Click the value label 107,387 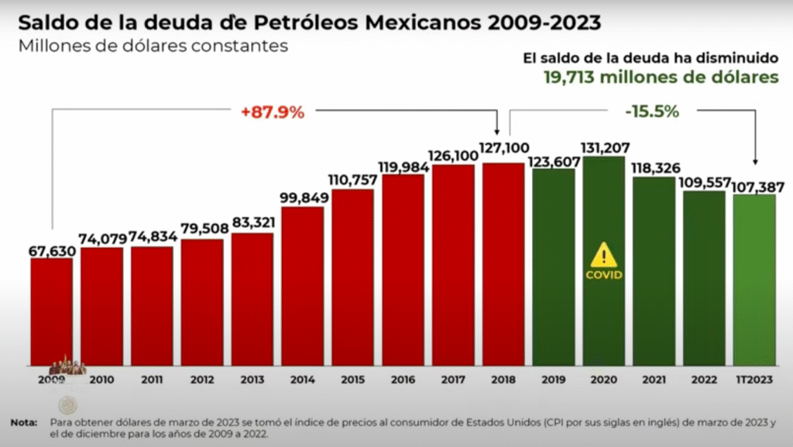[x=754, y=186]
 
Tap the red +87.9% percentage [x=272, y=112]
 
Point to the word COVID [x=603, y=274]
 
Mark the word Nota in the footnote [x=24, y=423]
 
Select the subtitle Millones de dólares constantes [x=153, y=46]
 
